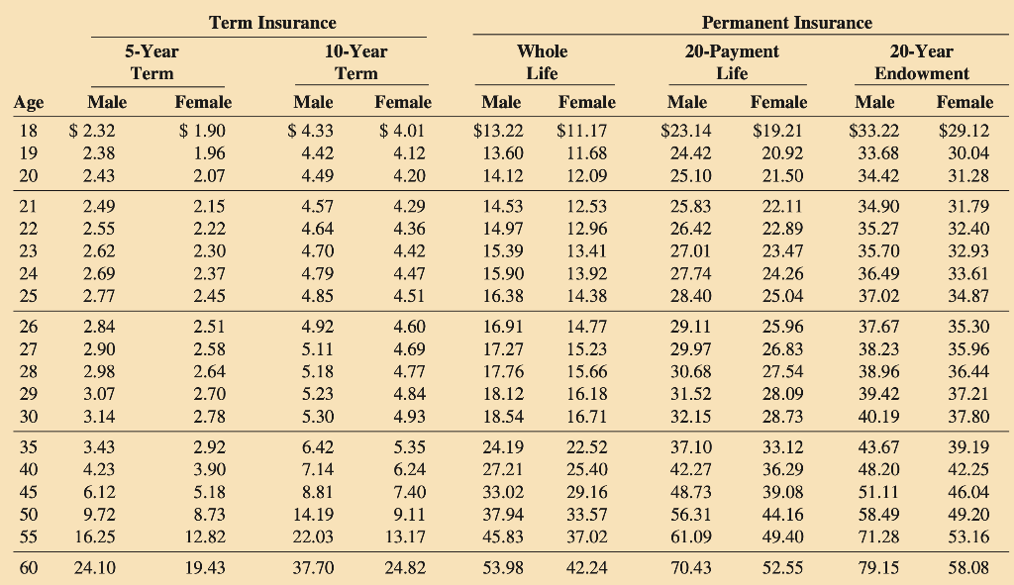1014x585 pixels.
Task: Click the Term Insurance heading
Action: [x=272, y=23]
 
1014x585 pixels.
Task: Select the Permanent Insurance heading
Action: [x=787, y=23]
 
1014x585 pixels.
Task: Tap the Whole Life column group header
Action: [x=542, y=62]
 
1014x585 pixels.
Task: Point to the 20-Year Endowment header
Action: [x=922, y=62]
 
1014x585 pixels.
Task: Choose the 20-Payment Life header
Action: [x=732, y=62]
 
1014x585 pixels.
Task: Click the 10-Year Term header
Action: [x=355, y=62]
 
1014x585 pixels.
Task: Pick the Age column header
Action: [x=29, y=103]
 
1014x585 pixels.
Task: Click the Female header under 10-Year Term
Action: [x=403, y=102]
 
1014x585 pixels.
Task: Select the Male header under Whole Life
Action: [x=501, y=102]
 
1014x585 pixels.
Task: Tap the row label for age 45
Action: [x=29, y=492]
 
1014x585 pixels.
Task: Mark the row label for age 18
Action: [x=29, y=131]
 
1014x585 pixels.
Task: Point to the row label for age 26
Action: [x=29, y=327]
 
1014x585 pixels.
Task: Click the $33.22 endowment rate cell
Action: [x=873, y=131]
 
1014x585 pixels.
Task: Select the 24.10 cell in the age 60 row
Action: [x=94, y=567]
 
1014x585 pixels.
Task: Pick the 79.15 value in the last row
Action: [x=878, y=567]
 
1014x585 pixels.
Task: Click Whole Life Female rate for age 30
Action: [x=586, y=417]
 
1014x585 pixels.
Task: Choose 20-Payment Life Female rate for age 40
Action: [x=782, y=469]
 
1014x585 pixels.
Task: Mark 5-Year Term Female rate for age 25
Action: [x=209, y=296]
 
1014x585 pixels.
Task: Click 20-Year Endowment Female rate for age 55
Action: [x=968, y=536]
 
